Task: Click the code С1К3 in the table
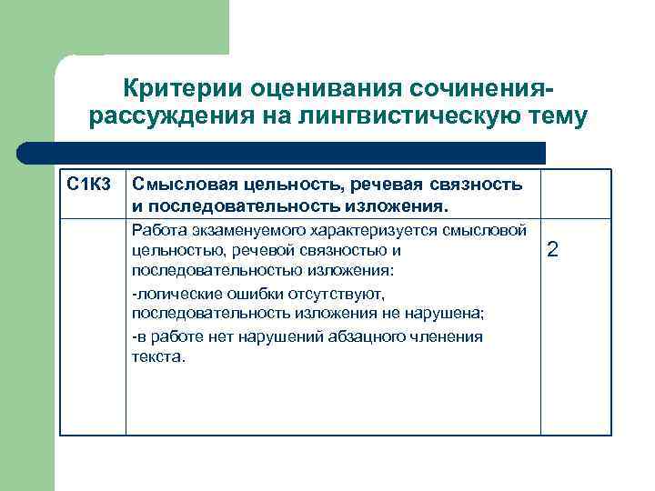click(x=89, y=185)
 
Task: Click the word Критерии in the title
click(x=173, y=90)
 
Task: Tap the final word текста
click(x=158, y=357)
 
